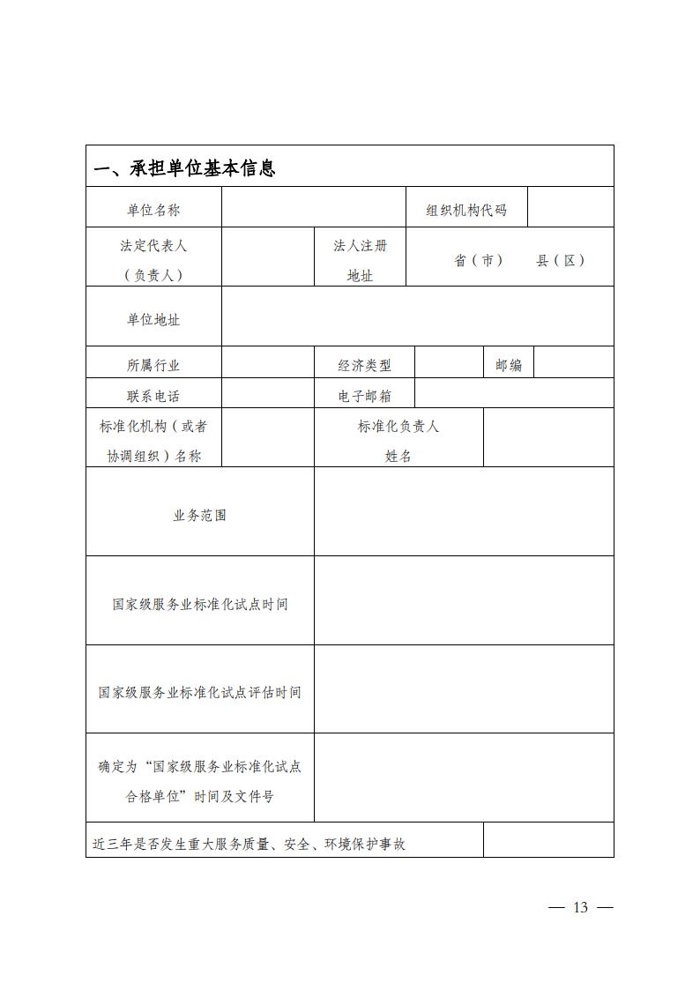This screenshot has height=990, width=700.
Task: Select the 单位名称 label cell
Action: click(153, 210)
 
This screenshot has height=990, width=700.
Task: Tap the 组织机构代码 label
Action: click(466, 210)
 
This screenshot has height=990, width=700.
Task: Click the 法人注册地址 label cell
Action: click(360, 260)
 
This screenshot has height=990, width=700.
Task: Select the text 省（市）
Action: click(478, 261)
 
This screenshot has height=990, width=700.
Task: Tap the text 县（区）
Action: click(561, 261)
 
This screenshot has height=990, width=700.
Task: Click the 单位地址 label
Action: click(153, 320)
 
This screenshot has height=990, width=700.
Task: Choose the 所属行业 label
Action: click(153, 365)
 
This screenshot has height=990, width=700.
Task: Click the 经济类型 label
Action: click(364, 365)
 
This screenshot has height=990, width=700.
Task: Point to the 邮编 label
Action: click(509, 365)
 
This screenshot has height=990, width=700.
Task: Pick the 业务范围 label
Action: click(200, 515)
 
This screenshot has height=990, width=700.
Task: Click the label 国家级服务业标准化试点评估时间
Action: click(200, 693)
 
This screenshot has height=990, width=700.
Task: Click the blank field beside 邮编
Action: click(574, 363)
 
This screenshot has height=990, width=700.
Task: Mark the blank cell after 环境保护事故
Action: click(548, 840)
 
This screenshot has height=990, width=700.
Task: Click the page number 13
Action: click(580, 908)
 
